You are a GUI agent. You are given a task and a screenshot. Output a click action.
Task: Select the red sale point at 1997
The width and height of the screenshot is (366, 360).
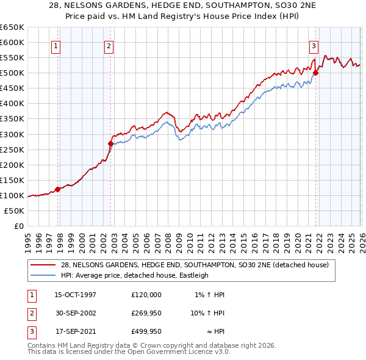point(58,189)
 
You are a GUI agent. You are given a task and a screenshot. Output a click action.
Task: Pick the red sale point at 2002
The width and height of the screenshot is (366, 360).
point(111,143)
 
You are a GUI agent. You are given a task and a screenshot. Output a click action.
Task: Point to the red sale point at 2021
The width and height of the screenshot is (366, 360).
point(315,73)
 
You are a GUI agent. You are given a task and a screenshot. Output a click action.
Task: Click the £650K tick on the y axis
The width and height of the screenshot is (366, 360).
point(12,27)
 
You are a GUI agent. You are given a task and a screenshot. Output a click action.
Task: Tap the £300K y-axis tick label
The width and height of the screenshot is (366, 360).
point(12,134)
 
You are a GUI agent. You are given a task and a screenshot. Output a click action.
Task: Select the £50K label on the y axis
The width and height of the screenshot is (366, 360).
point(15,211)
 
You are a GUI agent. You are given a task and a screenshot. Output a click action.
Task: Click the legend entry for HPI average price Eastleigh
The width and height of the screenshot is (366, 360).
point(134,275)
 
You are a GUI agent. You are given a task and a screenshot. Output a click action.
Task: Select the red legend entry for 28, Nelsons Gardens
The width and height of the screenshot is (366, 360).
point(195,265)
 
